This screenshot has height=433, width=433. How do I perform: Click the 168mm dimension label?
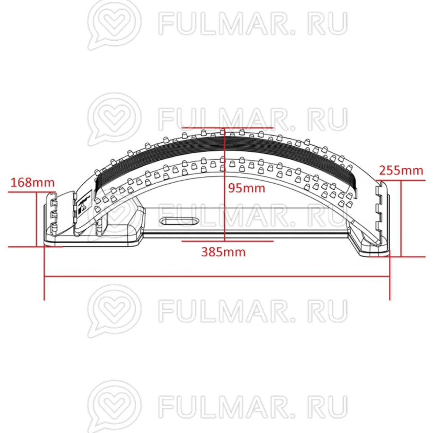[33, 183]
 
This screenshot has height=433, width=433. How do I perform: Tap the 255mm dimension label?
[401, 170]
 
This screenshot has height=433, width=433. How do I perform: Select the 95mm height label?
[247, 188]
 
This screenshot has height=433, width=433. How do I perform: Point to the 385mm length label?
[223, 252]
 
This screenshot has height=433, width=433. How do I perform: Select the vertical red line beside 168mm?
[36, 219]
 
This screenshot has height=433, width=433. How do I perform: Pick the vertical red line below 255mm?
[401, 219]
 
